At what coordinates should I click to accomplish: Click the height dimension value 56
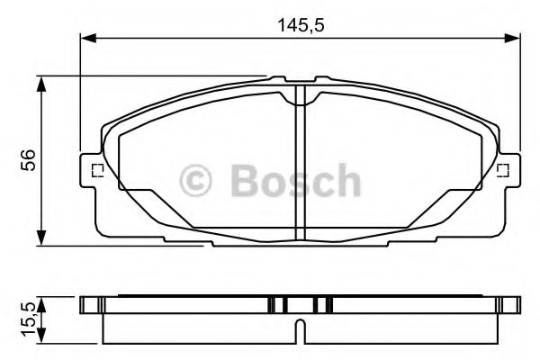point(29,160)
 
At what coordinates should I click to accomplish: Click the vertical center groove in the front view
point(301,166)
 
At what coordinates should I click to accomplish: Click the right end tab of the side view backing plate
point(514,304)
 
